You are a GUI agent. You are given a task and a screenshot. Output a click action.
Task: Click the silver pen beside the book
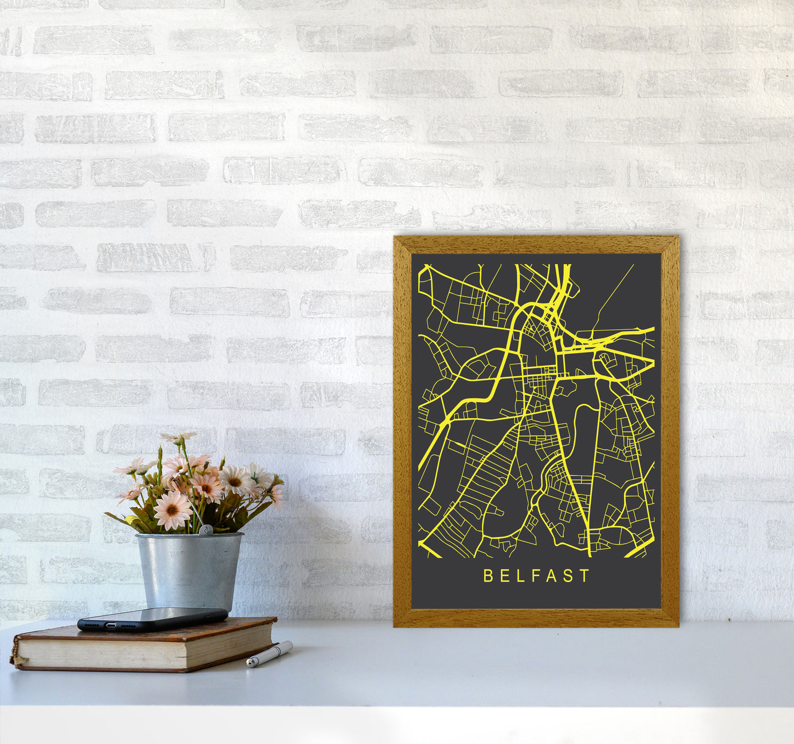pos(269,653)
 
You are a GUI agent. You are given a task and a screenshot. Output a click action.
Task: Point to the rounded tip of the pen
pos(249,664)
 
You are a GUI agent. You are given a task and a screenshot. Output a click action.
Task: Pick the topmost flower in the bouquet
pos(178,437)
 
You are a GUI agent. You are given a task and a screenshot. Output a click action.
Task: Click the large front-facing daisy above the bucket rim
pos(172,509)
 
